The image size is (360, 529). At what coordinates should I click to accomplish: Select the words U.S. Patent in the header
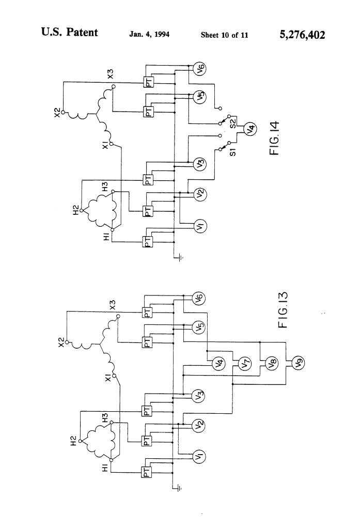point(69,33)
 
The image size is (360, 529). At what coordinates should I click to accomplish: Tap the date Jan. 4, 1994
point(149,35)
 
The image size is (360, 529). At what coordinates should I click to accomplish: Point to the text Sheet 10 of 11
point(224,35)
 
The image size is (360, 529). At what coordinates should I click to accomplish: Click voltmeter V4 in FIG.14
point(248,129)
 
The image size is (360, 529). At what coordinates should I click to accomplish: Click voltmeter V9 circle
point(298,364)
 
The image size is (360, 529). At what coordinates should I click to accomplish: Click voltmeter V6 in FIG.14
point(200,69)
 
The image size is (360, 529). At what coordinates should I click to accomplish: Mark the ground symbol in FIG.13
point(178,487)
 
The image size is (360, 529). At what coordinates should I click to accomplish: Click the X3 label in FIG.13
point(113,305)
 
